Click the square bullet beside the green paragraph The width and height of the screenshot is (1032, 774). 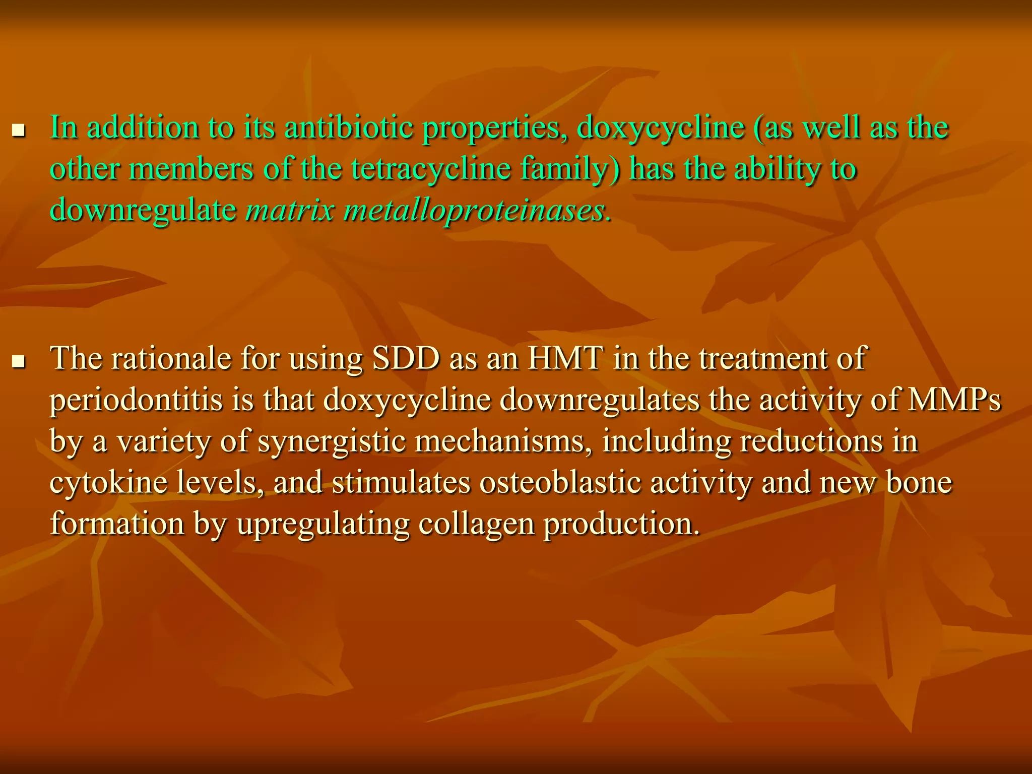[19, 132]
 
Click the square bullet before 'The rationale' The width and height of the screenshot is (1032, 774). [19, 362]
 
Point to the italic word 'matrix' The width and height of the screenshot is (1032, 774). [290, 210]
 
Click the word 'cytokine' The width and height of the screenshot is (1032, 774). [108, 482]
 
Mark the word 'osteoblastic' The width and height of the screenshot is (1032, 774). [559, 482]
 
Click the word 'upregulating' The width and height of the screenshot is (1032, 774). [322, 524]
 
